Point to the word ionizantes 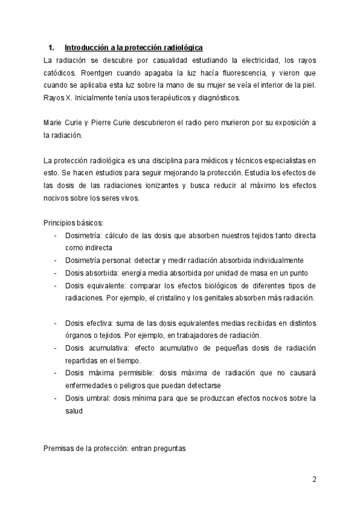point(160,185)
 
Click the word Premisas point(59,448)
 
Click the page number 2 point(314,479)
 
